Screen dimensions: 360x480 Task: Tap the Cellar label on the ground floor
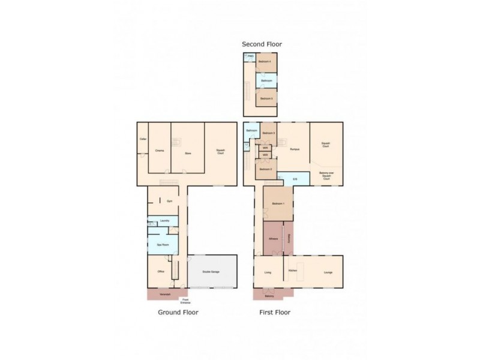tap(143, 139)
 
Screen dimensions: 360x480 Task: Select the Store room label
tap(188, 154)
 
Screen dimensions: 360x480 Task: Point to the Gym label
tap(169, 201)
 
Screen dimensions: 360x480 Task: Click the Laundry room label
tap(165, 221)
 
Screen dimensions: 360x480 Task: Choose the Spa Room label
tap(162, 245)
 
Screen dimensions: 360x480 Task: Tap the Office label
tap(161, 272)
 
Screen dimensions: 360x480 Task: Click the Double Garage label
tap(211, 272)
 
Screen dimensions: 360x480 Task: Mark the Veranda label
tap(164, 294)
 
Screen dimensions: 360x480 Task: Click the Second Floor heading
tap(262, 44)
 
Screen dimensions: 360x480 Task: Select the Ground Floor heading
tap(178, 312)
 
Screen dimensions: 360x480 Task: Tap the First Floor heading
tap(274, 312)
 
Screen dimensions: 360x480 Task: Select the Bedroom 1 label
tap(277, 204)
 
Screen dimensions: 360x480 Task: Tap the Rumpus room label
tap(294, 149)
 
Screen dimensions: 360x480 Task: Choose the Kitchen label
tap(293, 272)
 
